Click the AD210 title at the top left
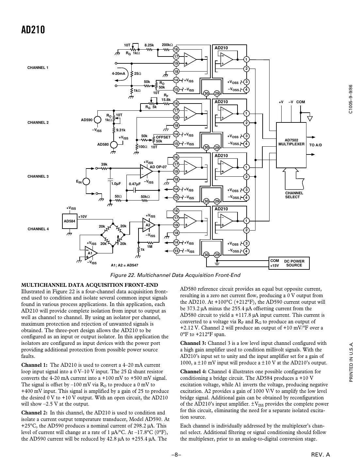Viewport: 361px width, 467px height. [33, 30]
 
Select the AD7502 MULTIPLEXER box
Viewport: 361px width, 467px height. [291, 142]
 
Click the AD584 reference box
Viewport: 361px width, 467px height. [69, 221]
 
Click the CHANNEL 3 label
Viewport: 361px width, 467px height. [38, 176]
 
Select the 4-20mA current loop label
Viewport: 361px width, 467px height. [118, 73]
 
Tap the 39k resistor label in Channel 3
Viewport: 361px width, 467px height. [104, 164]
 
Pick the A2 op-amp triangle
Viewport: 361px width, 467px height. [148, 225]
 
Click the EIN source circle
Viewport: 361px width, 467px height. [87, 182]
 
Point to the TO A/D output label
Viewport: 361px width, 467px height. [315, 145]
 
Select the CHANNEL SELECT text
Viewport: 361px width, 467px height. [294, 195]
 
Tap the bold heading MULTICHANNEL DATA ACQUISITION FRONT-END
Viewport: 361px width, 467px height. [90, 285]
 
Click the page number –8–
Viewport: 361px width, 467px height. [176, 454]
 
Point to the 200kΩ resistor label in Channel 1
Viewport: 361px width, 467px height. [167, 45]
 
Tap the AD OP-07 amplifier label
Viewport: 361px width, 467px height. [158, 167]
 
